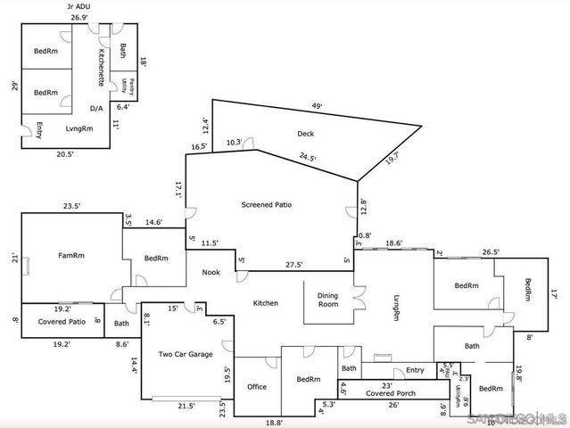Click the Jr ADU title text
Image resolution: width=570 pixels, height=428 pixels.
click(x=79, y=6)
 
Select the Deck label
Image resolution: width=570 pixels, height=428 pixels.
click(x=306, y=134)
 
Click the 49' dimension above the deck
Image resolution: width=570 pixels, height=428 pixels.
click(x=316, y=106)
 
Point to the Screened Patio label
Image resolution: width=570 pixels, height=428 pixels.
click(x=267, y=204)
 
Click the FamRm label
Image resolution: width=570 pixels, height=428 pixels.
click(x=71, y=256)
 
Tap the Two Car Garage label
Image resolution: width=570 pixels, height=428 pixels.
click(x=186, y=354)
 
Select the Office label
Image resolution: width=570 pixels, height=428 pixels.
click(x=257, y=386)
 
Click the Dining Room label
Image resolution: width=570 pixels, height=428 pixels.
click(x=327, y=300)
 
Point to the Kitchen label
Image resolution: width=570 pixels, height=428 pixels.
click(x=266, y=303)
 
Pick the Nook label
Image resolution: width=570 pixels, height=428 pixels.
click(x=211, y=273)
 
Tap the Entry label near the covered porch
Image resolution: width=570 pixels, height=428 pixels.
click(x=415, y=370)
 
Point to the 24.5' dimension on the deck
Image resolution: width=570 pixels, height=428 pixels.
click(x=308, y=158)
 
